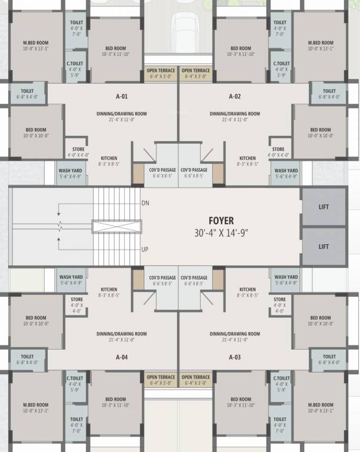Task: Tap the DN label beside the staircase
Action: coord(145,203)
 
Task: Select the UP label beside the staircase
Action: coord(145,250)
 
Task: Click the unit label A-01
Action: coord(122,96)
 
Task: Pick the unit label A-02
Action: coord(235,96)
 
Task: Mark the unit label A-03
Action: coord(235,357)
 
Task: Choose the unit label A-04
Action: coord(122,357)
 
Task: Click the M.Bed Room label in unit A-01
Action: coord(35,43)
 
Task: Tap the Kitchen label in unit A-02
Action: coord(248,158)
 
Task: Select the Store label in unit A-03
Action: coord(279,300)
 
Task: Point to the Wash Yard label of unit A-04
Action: coord(71,277)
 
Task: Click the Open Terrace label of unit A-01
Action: coord(161,71)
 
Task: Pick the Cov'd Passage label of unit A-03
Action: coord(193,277)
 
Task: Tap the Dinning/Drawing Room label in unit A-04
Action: coord(122,334)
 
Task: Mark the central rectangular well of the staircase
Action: coord(116,227)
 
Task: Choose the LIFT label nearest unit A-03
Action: coord(324,247)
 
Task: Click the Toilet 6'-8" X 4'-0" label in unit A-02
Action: coord(329,91)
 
